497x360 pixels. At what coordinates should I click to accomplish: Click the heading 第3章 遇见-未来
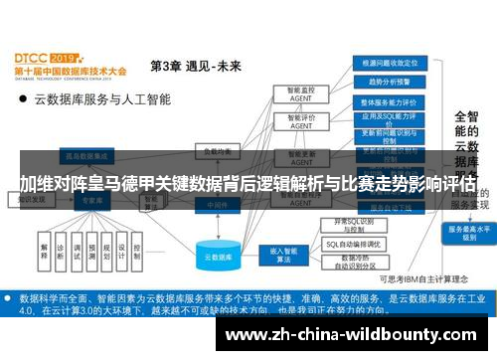pos(195,66)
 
